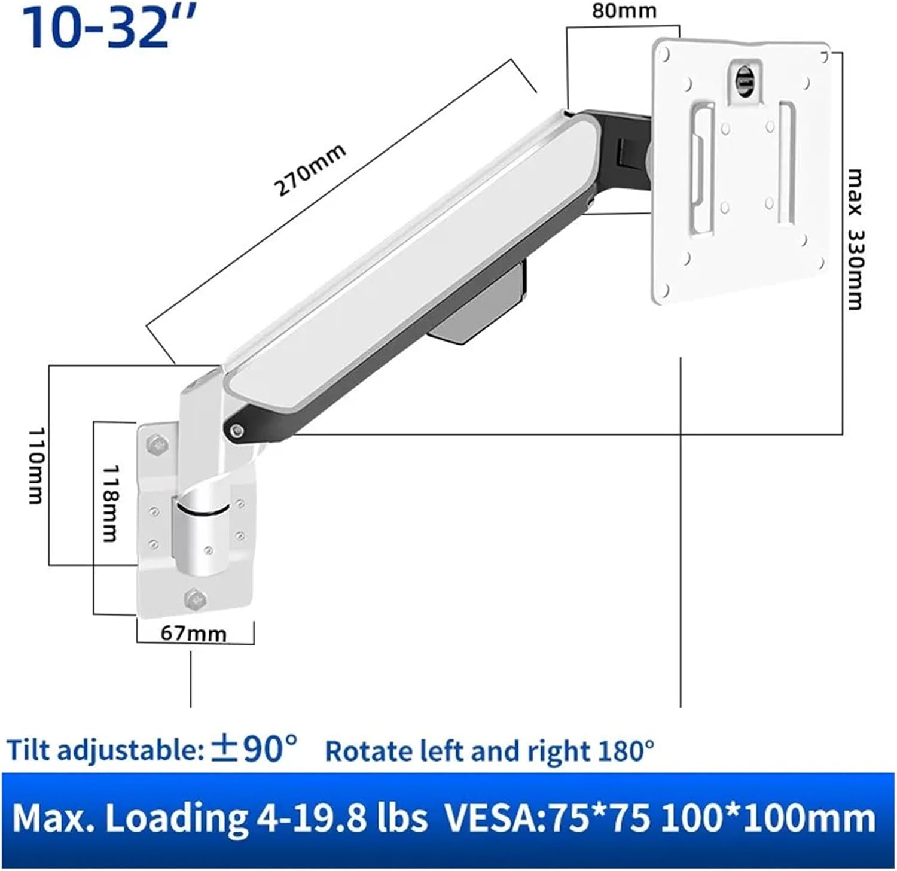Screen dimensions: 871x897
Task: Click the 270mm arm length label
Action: click(310, 170)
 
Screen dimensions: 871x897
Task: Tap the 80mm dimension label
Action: click(624, 11)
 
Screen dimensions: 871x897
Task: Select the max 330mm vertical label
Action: click(855, 239)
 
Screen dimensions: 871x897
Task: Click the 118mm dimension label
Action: click(109, 504)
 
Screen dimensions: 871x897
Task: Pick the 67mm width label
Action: click(194, 634)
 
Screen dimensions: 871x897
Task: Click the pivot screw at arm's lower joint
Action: click(237, 430)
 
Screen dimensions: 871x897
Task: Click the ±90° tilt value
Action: click(254, 749)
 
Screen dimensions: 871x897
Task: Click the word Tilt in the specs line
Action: click(28, 750)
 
